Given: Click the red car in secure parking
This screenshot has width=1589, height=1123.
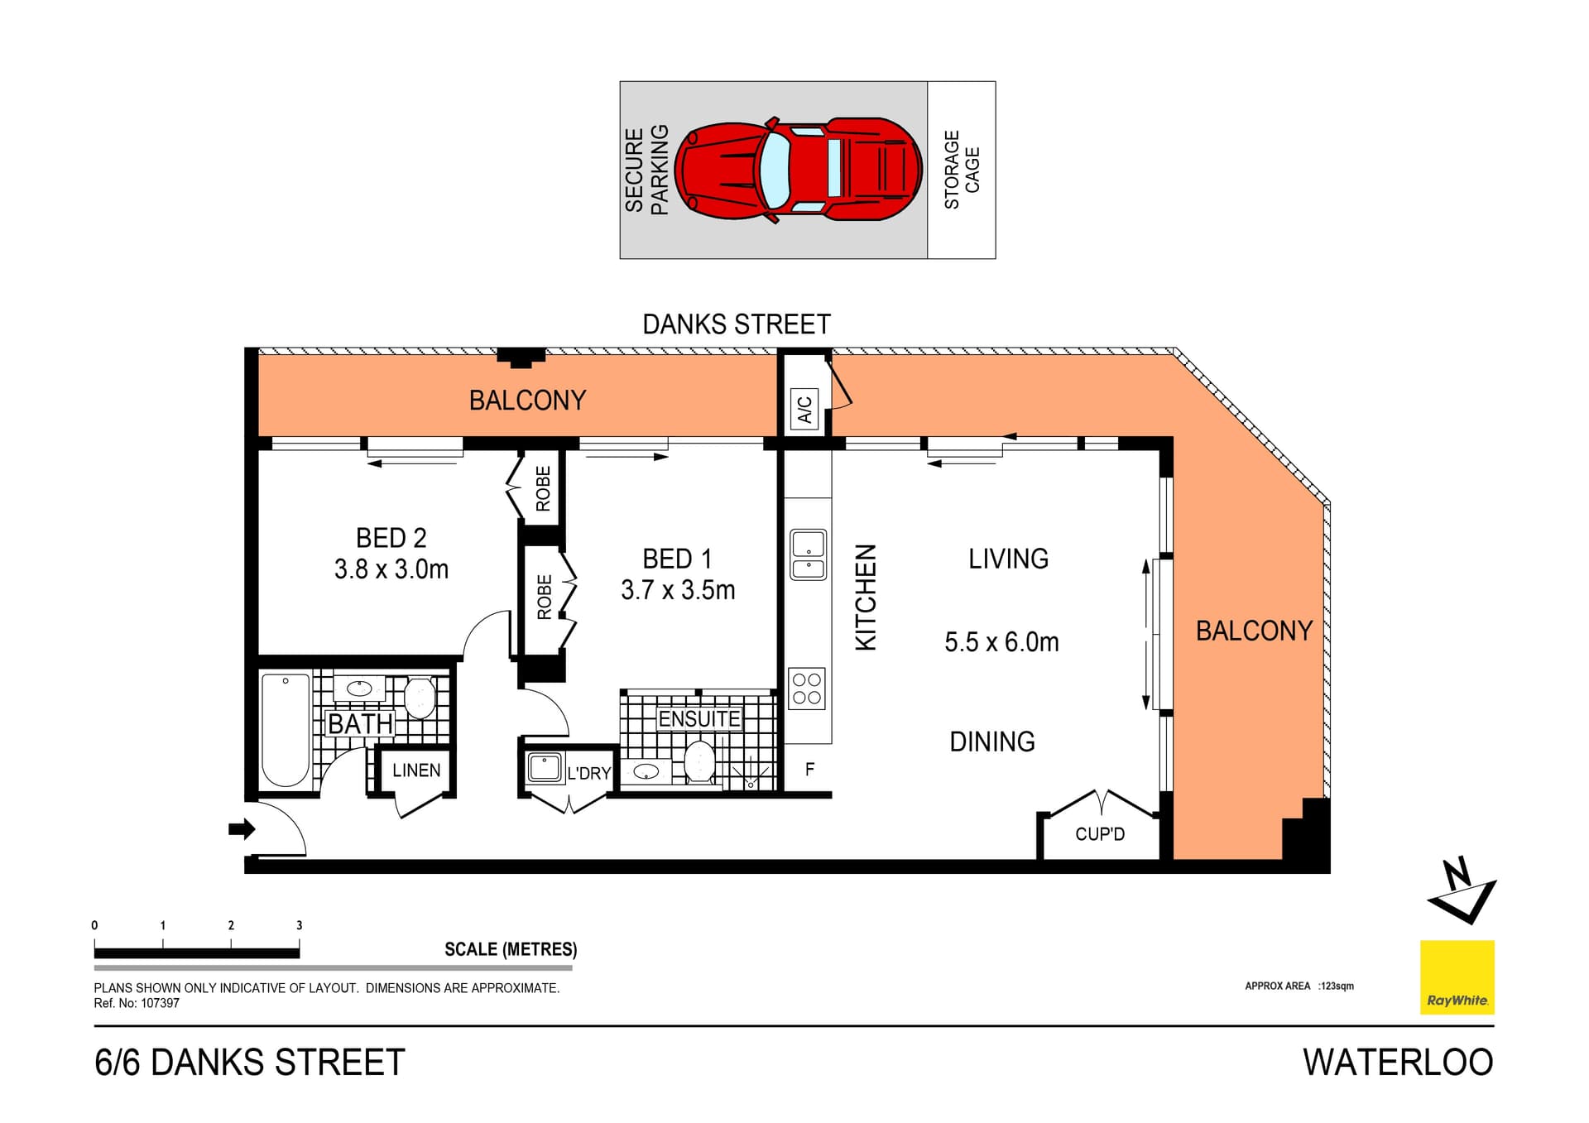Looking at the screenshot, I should tap(798, 170).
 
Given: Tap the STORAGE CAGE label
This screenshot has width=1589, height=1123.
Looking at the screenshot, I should tap(962, 170).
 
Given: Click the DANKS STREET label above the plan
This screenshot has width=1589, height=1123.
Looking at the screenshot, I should tap(736, 324).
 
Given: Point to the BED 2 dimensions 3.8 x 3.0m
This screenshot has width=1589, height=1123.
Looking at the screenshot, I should tap(391, 569).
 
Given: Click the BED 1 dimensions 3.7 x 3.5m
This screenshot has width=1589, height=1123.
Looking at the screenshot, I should tap(678, 590).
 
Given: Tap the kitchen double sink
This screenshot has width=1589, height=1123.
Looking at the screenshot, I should tap(808, 554).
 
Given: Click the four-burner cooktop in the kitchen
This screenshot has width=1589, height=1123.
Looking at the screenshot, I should tap(807, 689).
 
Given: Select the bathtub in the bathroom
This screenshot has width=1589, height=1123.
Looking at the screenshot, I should tap(286, 730).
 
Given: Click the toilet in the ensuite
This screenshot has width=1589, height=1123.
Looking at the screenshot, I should tap(699, 762).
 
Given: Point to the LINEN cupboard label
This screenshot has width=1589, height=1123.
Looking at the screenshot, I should tap(416, 770).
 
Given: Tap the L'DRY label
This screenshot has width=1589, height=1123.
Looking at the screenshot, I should tap(589, 774).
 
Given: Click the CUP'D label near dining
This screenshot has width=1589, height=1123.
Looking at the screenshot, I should tap(1100, 834).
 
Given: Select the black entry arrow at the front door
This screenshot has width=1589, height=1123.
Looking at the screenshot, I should tap(241, 828).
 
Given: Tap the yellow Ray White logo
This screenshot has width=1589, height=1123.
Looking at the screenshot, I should tap(1457, 977).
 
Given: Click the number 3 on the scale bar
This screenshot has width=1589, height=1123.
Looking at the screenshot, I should tap(300, 925).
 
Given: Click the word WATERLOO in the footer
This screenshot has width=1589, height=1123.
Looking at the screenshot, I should tap(1397, 1063).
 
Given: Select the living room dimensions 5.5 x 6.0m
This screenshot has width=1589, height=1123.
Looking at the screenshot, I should tap(1001, 642).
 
